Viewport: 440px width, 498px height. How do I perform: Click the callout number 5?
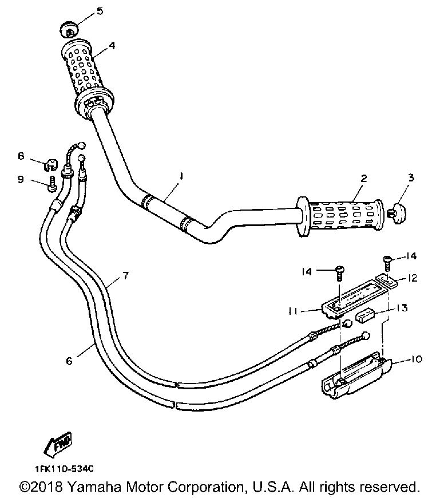pos(100,11)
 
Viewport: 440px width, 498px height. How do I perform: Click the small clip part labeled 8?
pos(51,164)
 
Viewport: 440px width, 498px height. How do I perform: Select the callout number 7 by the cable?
pos(125,276)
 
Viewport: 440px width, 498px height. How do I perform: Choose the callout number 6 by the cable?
pos(69,361)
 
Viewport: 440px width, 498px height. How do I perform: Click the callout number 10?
pos(416,359)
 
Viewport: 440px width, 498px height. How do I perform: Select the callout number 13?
pos(403,308)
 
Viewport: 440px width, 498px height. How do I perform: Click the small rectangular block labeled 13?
pos(365,315)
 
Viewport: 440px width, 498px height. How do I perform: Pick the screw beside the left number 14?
pos(338,271)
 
